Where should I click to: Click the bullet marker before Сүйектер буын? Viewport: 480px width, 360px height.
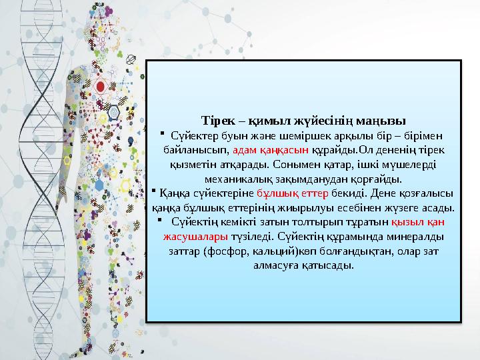point(162,135)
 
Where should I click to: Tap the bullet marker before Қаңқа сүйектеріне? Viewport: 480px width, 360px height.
point(153,192)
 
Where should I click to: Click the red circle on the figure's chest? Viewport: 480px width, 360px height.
point(101,86)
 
